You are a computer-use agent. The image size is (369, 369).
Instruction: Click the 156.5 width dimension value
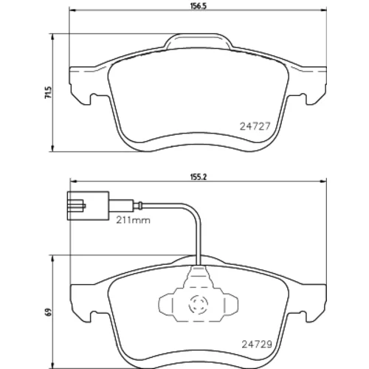click(x=199, y=6)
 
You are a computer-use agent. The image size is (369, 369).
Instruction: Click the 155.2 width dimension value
click(x=199, y=177)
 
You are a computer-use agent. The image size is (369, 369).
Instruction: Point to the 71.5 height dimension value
click(x=49, y=92)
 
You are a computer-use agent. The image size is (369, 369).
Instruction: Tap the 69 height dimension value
click(x=49, y=312)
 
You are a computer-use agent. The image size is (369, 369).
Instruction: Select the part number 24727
click(x=255, y=126)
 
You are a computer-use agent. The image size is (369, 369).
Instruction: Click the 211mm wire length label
click(x=133, y=220)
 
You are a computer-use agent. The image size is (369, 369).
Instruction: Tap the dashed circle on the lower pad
click(x=199, y=305)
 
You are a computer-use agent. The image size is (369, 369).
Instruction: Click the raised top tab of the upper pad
click(x=198, y=41)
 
